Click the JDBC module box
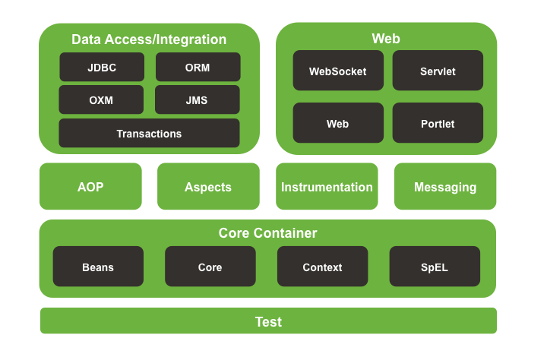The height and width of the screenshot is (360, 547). (x=102, y=68)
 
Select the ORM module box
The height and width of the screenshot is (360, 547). (x=198, y=68)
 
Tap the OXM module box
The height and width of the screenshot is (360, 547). (x=101, y=99)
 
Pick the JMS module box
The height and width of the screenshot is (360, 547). (x=197, y=99)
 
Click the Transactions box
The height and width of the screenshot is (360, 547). (x=149, y=134)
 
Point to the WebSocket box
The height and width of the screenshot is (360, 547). (x=337, y=71)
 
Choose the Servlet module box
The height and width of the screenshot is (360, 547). (x=438, y=71)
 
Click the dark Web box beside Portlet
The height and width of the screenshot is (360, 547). (x=337, y=123)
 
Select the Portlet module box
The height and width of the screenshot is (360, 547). (x=438, y=123)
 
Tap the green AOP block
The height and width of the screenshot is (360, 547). (x=90, y=187)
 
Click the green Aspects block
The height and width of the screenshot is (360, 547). (x=208, y=187)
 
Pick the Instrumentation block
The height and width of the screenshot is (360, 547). (x=327, y=187)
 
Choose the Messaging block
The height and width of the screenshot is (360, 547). (x=445, y=187)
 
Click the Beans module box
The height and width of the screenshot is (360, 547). (x=98, y=267)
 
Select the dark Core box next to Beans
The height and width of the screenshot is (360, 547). (x=210, y=267)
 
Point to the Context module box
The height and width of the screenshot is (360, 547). (x=322, y=267)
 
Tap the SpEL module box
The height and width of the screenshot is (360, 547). (x=435, y=267)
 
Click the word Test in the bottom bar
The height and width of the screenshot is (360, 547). (x=268, y=322)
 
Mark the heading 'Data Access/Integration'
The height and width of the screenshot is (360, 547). (x=149, y=39)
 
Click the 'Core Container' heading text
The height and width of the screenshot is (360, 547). (x=267, y=233)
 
